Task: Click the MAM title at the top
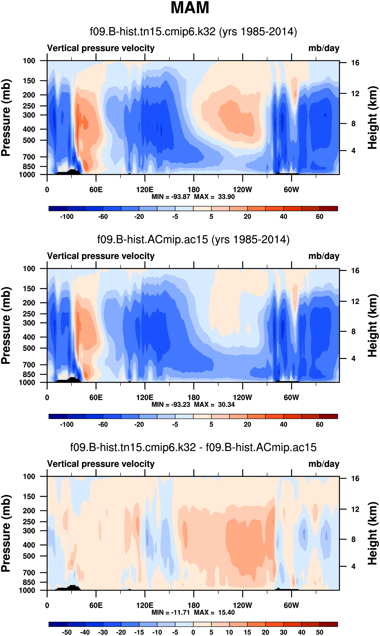click(x=190, y=8)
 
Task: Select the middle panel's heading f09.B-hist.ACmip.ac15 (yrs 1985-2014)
click(x=193, y=240)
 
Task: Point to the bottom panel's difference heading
click(x=193, y=447)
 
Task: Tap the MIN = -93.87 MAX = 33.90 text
click(x=193, y=197)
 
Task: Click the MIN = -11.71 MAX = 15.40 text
click(x=193, y=612)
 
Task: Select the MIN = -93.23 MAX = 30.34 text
click(x=193, y=404)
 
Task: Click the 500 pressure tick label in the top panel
click(x=29, y=140)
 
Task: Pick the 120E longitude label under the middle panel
click(x=145, y=398)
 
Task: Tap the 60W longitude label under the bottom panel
click(x=291, y=605)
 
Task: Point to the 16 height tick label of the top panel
click(x=355, y=63)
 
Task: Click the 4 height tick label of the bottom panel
click(x=353, y=566)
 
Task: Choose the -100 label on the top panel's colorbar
click(x=67, y=217)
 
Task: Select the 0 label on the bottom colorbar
click(x=193, y=632)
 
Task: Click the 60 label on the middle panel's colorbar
click(x=319, y=424)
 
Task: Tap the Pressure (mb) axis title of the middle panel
click(x=6, y=325)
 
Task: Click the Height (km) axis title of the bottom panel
click(x=373, y=533)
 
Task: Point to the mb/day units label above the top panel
click(x=324, y=48)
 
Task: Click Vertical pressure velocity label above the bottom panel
click(x=101, y=464)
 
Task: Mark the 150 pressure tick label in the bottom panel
click(x=29, y=496)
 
